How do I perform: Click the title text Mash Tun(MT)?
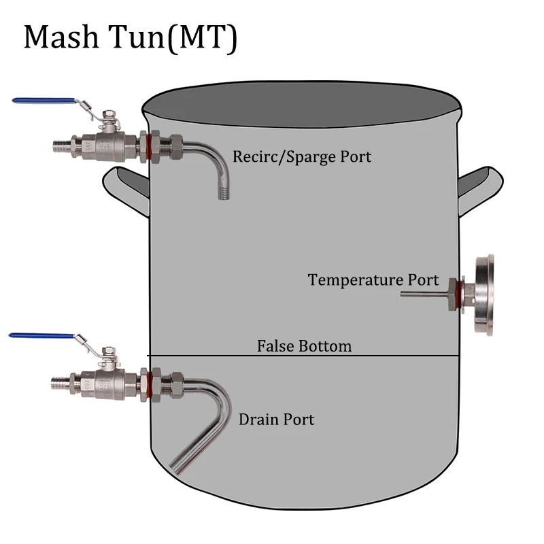coord(131,39)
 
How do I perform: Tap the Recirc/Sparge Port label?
coord(302,156)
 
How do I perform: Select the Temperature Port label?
coord(373,279)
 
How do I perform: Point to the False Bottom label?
coord(304,346)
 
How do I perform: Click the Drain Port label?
coord(276,420)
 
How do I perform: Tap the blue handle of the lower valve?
coord(41,336)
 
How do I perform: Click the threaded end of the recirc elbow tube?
coord(222,190)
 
